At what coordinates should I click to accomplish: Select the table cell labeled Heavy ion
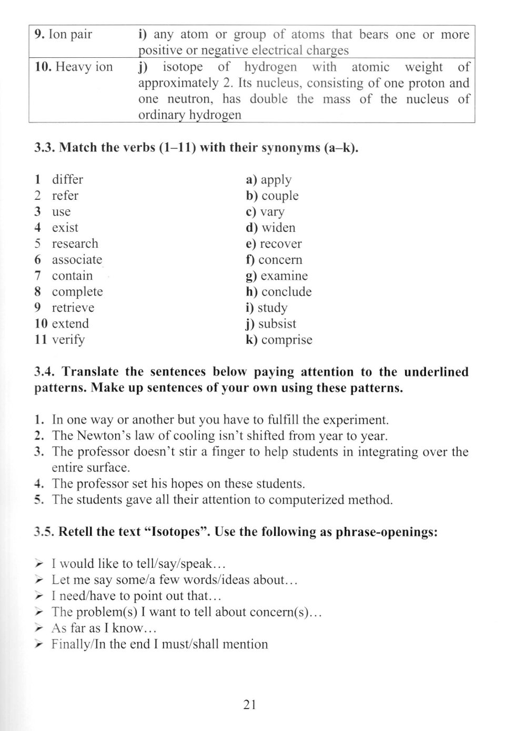pos(74,67)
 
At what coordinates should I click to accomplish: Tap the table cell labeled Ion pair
pos(63,35)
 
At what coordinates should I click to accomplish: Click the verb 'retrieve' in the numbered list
pos(73,308)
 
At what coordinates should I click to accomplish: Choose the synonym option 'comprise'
pos(286,340)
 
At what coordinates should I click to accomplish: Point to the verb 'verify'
pos(68,340)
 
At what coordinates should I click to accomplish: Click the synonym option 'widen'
pos(278,228)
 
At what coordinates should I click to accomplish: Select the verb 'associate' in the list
pos(77,260)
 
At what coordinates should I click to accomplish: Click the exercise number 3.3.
pos(44,148)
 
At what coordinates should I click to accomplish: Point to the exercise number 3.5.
pos(44,532)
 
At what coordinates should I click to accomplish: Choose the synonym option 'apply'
pos(276,180)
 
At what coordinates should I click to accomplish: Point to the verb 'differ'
pos(67,180)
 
